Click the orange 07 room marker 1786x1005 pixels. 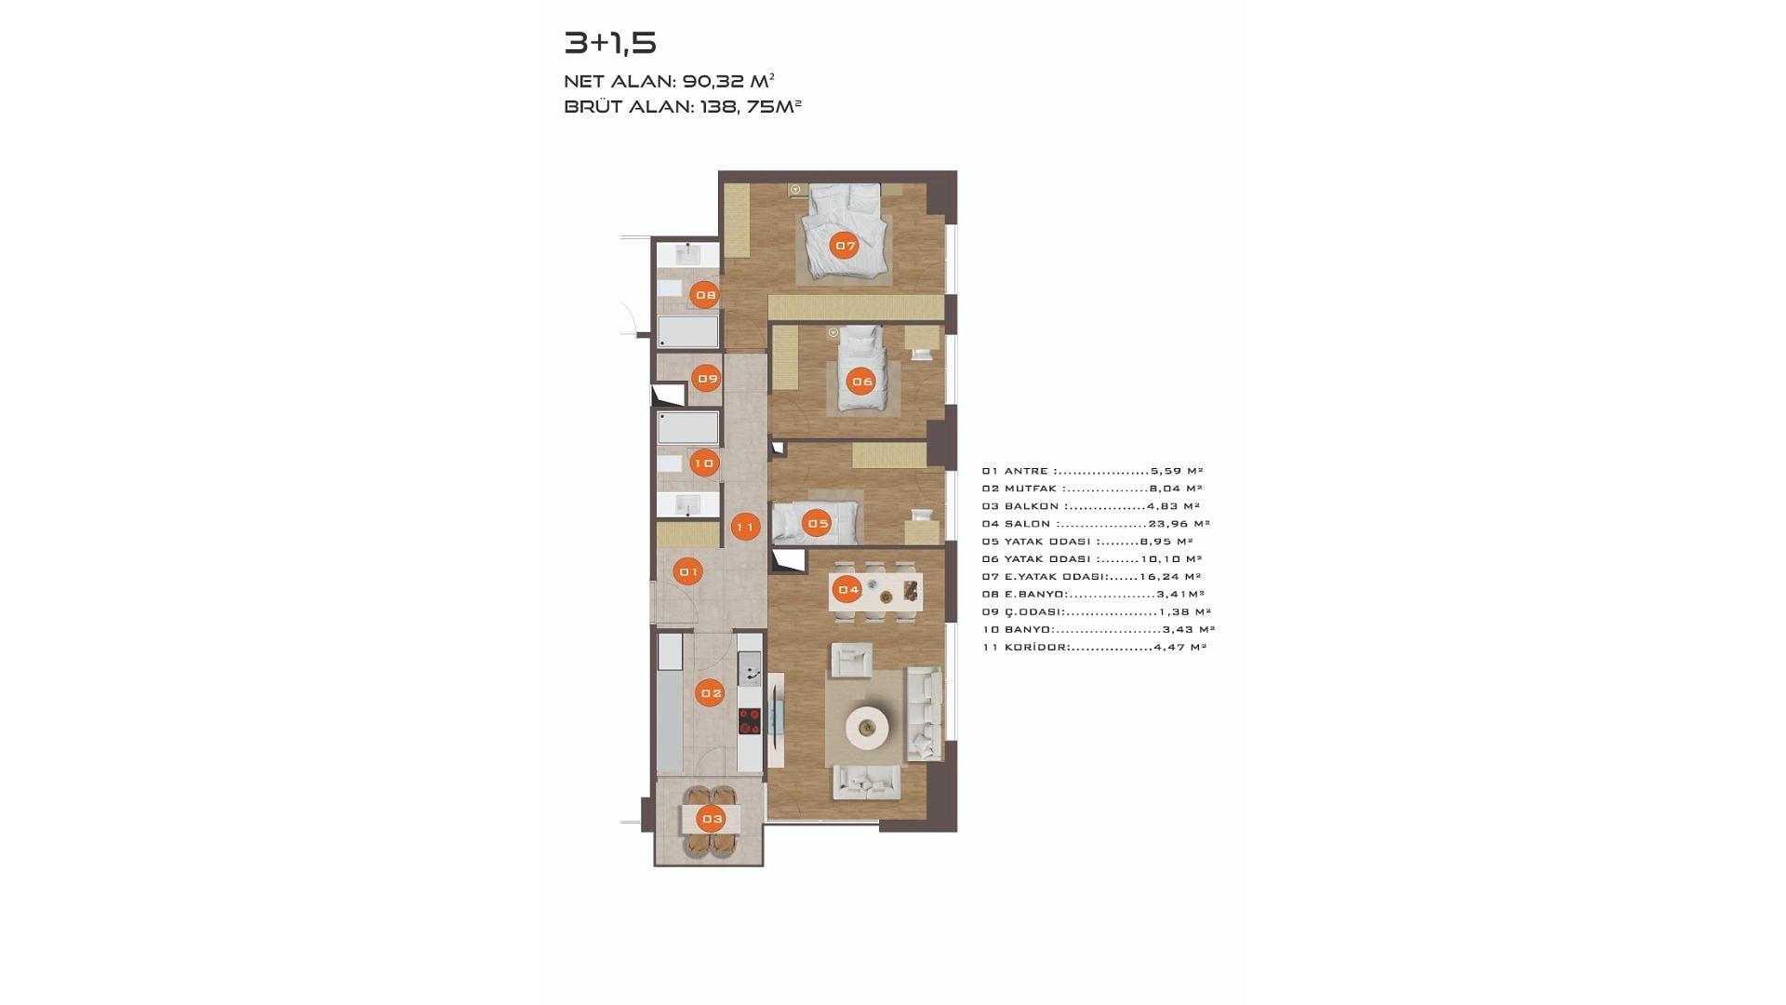845,247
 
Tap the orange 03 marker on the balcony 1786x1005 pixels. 712,820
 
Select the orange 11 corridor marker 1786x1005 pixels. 745,528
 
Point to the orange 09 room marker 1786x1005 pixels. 708,379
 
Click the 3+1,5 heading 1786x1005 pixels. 610,43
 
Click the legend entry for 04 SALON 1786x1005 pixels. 1096,524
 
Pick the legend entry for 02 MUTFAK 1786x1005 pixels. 1092,489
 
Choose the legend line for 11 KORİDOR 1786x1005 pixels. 1094,648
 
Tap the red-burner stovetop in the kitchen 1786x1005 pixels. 750,721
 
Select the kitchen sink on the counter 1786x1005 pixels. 750,668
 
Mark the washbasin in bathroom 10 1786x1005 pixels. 687,504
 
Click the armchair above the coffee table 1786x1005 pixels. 851,660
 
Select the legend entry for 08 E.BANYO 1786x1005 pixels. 1093,595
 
